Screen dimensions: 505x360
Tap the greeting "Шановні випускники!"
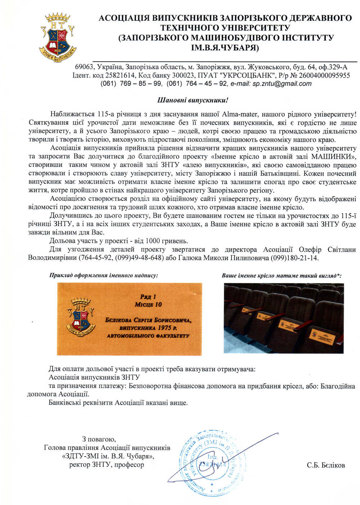[193, 100]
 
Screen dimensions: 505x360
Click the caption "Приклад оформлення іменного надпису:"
[104, 276]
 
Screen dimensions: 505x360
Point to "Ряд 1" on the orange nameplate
[148, 297]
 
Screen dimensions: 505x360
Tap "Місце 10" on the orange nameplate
[148, 305]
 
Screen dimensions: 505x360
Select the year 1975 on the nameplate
[161, 328]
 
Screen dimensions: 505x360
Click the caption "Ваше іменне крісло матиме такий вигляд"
[279, 276]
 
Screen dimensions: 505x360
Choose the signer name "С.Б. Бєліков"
[326, 465]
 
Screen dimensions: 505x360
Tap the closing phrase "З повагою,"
[99, 439]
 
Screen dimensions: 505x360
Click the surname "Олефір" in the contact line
[312, 250]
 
